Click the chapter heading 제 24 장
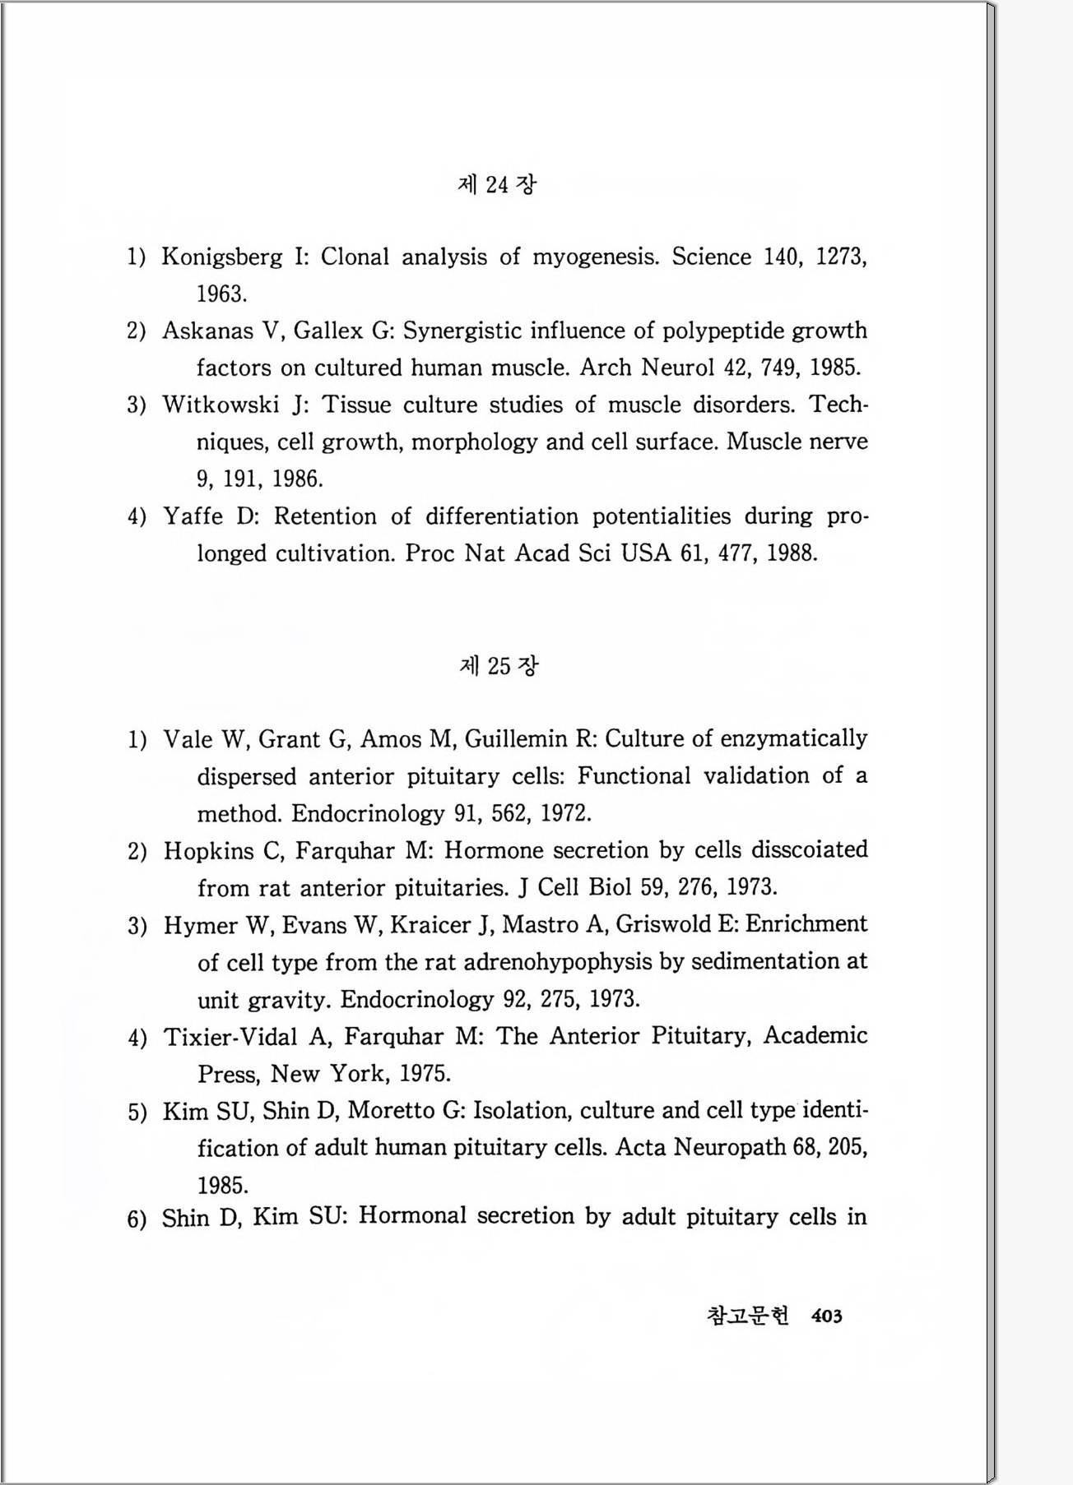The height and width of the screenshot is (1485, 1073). click(496, 184)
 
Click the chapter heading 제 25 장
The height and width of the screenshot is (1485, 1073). click(499, 665)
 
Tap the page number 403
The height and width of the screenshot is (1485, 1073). click(826, 1316)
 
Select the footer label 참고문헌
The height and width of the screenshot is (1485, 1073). click(748, 1316)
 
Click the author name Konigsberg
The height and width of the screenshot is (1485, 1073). click(222, 257)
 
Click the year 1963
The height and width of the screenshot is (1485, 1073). click(221, 294)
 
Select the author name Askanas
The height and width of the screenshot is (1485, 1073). click(207, 331)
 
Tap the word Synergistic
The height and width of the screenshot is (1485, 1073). click(462, 331)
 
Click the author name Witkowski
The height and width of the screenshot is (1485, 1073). click(221, 405)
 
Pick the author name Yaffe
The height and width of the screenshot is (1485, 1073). click(193, 516)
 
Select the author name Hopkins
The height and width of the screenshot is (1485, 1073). click(209, 850)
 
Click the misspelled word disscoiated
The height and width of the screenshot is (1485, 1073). click(809, 849)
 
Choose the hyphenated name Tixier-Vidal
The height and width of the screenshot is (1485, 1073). click(230, 1036)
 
